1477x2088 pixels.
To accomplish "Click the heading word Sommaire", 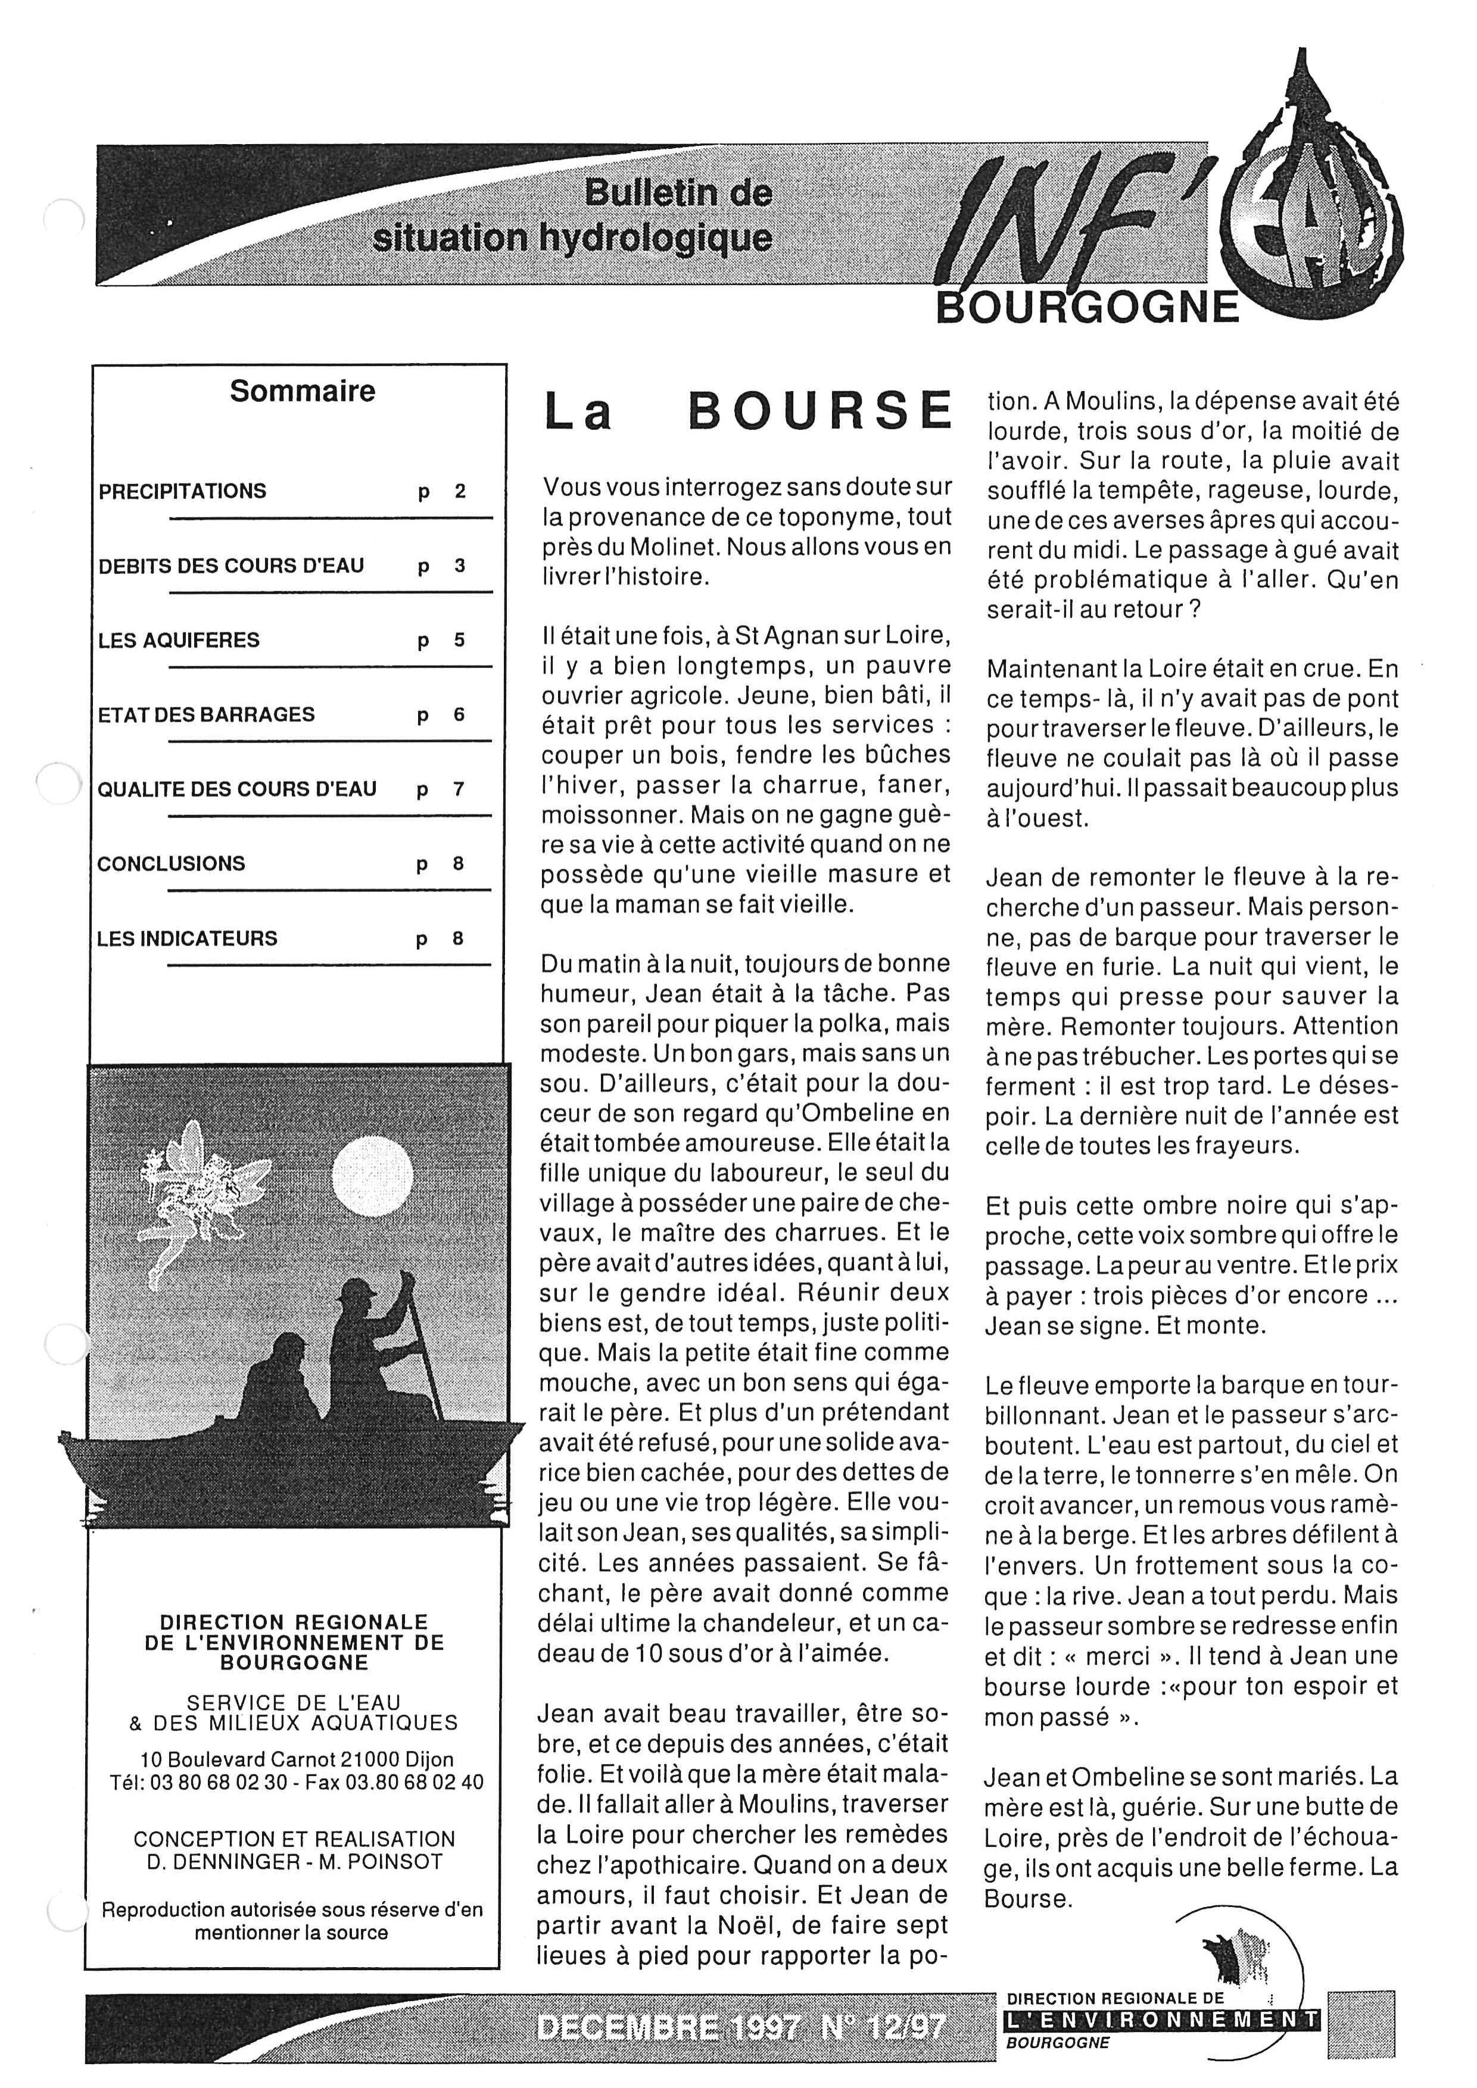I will [302, 391].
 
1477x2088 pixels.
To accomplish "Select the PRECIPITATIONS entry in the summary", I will [182, 491].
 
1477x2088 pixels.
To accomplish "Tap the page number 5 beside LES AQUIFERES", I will [459, 640].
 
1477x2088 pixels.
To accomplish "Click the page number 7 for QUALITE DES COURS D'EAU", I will [459, 789].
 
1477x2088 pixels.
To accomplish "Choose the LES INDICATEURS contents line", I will [186, 938].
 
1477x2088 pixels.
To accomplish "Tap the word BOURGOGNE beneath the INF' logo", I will [1087, 307].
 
